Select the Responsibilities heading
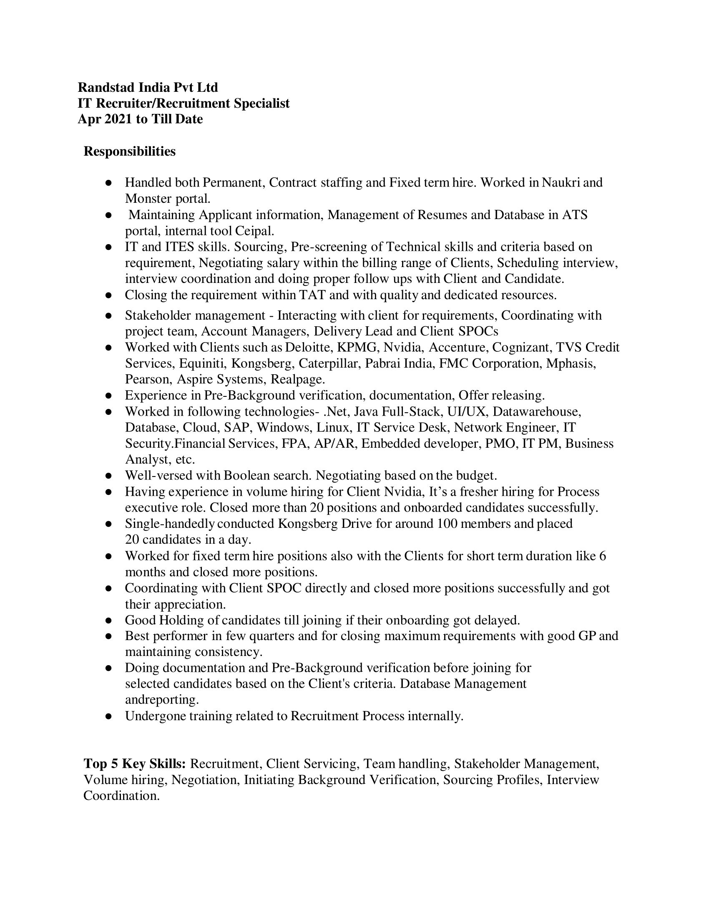coord(129,151)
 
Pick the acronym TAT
coord(312,295)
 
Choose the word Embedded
coord(385,444)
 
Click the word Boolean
coord(246,476)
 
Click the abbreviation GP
coord(587,636)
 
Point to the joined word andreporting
coord(162,700)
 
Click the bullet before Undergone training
coord(108,716)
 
